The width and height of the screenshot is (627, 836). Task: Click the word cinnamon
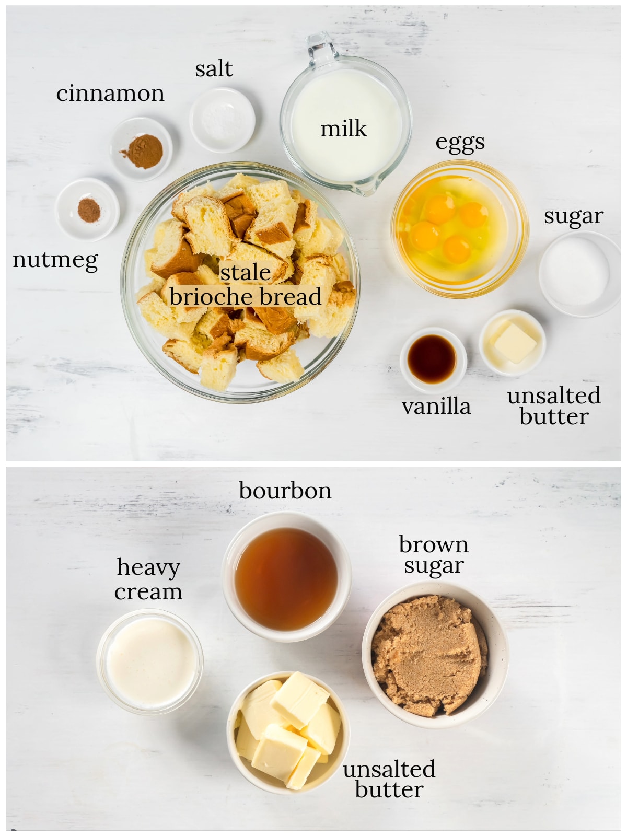[x=110, y=94]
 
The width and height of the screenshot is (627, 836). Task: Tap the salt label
[x=214, y=69]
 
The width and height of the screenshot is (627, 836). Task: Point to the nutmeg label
[x=55, y=261]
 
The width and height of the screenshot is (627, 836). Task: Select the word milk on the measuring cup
[x=344, y=129]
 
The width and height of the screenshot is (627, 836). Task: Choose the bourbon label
[x=285, y=491]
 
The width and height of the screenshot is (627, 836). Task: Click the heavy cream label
[x=148, y=579]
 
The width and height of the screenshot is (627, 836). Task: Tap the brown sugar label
[x=434, y=556]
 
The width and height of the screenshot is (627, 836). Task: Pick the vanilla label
[x=436, y=407]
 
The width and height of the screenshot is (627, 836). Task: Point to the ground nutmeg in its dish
[x=89, y=210]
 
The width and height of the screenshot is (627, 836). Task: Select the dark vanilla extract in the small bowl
[x=432, y=359]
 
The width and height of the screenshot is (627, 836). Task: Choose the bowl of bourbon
[x=287, y=577]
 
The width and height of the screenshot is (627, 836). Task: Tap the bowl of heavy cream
[x=149, y=662]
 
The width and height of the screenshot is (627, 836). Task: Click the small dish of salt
[x=223, y=120]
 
